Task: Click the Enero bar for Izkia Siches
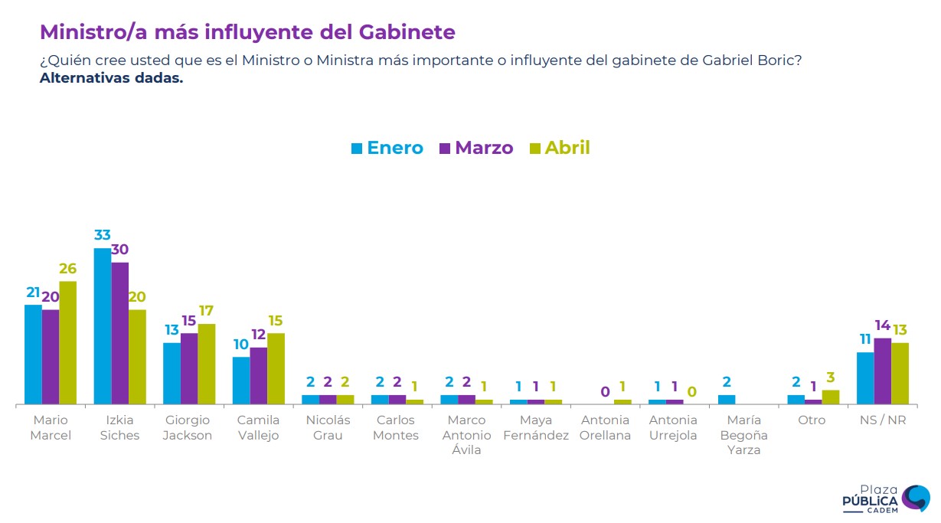[103, 326]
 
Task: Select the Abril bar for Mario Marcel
[68, 342]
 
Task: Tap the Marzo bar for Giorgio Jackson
[189, 368]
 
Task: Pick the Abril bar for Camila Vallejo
[276, 368]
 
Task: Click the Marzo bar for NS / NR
[883, 371]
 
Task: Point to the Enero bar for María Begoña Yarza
[727, 399]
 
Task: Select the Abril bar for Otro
[831, 397]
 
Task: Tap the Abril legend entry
[560, 148]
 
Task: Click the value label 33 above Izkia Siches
[103, 236]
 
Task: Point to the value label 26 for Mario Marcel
[68, 269]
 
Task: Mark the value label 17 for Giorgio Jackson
[207, 311]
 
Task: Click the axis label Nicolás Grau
[328, 427]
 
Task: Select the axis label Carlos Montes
[397, 427]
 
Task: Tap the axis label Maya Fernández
[535, 427]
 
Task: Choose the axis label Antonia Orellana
[605, 427]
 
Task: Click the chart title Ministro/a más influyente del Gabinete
[247, 32]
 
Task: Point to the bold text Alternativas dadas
[112, 78]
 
